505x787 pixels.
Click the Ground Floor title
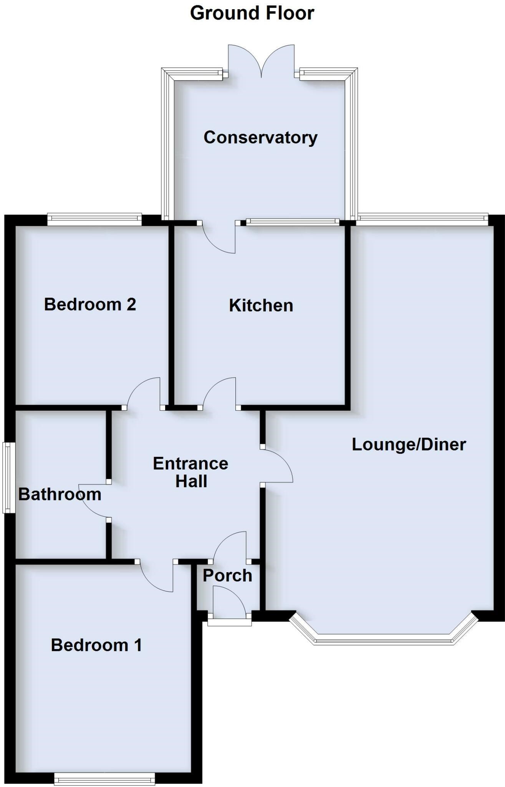click(252, 13)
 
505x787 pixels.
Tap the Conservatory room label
click(260, 137)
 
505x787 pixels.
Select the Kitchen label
click(261, 306)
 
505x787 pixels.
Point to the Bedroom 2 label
click(90, 304)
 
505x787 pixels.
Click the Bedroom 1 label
click(96, 645)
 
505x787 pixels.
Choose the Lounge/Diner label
click(409, 445)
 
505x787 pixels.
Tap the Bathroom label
click(60, 494)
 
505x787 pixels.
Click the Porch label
click(227, 575)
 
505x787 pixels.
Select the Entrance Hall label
click(191, 472)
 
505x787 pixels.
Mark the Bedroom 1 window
click(104, 780)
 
